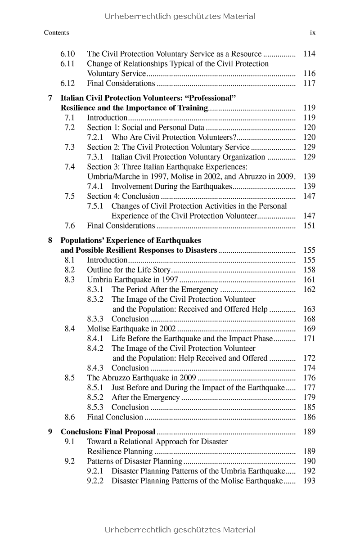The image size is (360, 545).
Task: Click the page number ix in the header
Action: tap(313, 33)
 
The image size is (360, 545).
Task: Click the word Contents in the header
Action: tap(57, 33)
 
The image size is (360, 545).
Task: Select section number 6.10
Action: tap(67, 54)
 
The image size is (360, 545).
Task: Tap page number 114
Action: tap(310, 54)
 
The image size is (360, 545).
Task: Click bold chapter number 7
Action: tap(50, 98)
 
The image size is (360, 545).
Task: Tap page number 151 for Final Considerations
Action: tap(310, 226)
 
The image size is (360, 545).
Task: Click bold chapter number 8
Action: tap(50, 241)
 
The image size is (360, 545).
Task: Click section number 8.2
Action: tap(69, 270)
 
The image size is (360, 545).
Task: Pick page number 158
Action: tap(310, 270)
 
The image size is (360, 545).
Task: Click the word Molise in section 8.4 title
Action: tap(98, 329)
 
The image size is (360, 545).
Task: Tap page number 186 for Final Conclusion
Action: tap(310, 417)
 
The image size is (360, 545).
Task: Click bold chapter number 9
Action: tap(50, 432)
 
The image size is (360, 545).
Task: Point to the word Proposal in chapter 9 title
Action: tap(140, 432)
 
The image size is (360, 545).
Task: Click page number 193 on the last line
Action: tap(310, 481)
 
